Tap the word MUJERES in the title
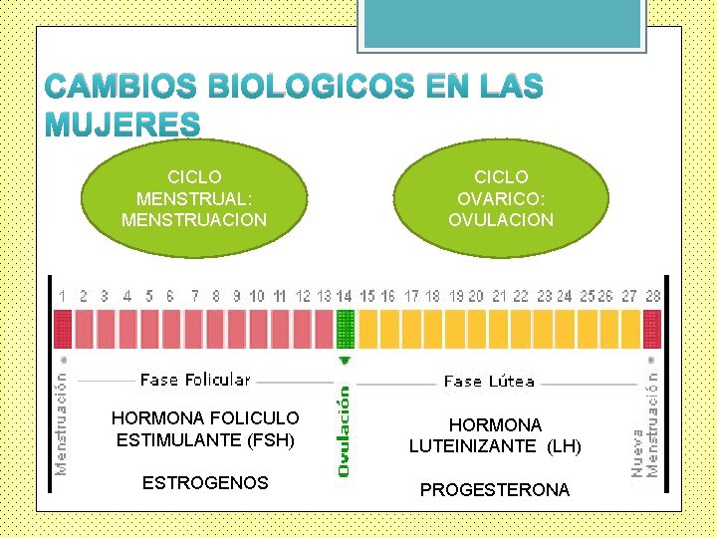pos(122,124)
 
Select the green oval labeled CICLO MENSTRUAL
pos(194,197)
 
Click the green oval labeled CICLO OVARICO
pos(501,197)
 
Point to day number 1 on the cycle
pos(63,296)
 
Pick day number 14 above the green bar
pos(345,296)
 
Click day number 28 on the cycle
pos(653,296)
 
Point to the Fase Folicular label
pos(195,380)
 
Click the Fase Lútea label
pos(489,381)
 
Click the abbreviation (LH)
pos(563,446)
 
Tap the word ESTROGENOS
pos(205,483)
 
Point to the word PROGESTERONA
pos(495,490)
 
